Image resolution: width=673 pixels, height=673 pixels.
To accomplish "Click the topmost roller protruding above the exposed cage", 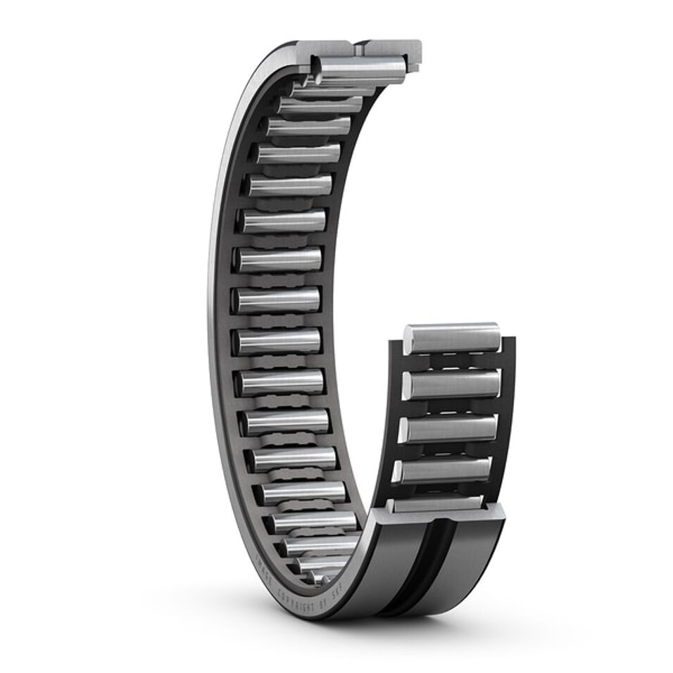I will tap(454, 338).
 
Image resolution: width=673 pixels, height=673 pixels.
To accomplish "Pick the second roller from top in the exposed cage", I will tap(451, 384).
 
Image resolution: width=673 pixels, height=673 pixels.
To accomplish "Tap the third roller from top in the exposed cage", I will tap(448, 428).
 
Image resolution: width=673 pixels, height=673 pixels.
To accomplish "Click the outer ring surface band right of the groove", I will tap(472, 556).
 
